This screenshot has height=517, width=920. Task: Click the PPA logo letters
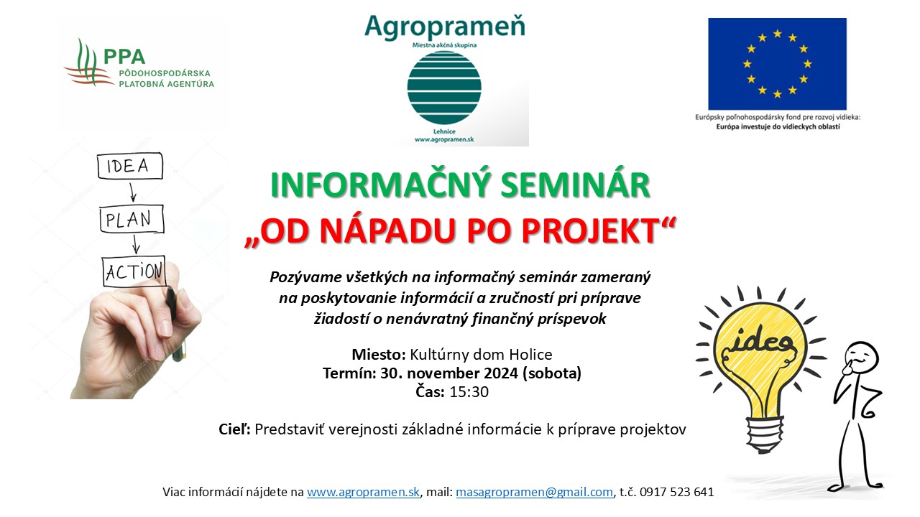pos(124,57)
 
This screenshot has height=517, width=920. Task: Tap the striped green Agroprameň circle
pos(444,88)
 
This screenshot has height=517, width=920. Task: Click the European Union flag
pos(777,64)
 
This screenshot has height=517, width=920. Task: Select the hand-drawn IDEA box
pos(130,166)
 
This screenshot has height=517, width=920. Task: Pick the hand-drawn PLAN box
pos(132,219)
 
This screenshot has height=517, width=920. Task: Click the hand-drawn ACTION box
pos(134,271)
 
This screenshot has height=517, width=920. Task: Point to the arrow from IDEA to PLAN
pos(132,192)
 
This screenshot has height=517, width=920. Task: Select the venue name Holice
pos(530,354)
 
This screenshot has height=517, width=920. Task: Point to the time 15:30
pos(469,392)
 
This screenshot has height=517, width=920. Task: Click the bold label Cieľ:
pos(234,429)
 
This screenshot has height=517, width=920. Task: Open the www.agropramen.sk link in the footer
pos(363,492)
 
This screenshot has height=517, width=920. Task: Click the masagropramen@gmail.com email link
pos(534,492)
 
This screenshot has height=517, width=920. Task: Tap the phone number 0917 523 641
pos(677,492)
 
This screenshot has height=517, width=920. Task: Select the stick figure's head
pos(861,358)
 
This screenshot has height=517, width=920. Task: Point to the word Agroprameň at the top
pos(445,27)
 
